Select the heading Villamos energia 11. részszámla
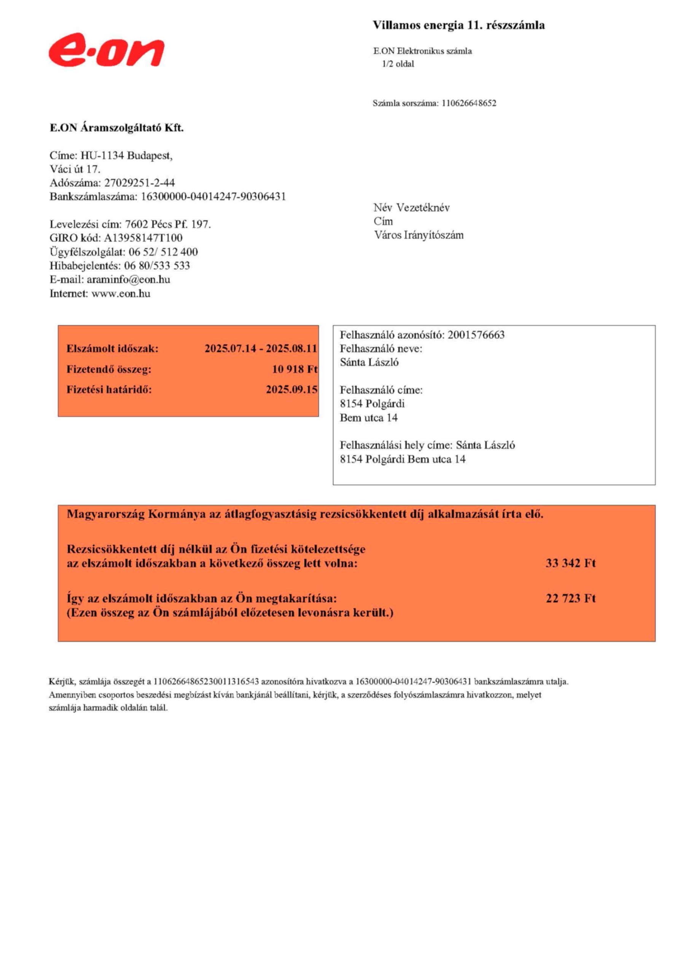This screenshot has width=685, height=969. (459, 26)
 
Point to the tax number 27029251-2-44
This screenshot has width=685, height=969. (140, 183)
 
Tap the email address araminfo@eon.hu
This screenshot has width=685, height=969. (129, 279)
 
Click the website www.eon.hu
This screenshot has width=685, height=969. (121, 293)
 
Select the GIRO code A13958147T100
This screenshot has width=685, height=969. (143, 238)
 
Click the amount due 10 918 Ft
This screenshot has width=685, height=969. (294, 369)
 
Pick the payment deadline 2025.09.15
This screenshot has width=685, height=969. (291, 389)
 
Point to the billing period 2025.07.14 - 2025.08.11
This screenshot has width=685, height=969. (260, 349)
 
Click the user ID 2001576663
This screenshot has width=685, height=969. (476, 335)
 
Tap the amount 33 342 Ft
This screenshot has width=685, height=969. (570, 563)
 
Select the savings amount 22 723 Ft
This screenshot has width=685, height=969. (570, 598)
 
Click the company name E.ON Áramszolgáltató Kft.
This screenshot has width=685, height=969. (117, 128)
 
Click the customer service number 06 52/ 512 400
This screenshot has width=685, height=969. (163, 252)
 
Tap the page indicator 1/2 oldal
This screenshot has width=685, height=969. (398, 64)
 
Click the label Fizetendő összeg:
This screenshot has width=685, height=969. (109, 369)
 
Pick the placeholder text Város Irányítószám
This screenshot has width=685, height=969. (419, 235)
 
